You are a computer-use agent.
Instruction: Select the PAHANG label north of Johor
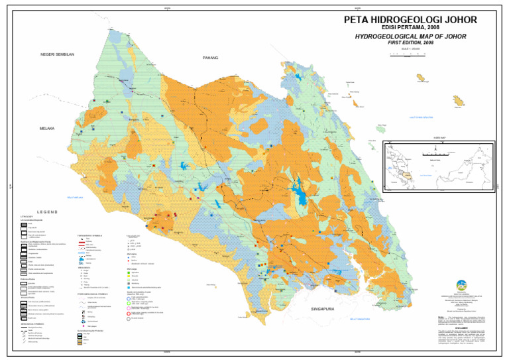[210, 58]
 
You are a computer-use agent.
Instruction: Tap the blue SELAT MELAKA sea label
[75, 197]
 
